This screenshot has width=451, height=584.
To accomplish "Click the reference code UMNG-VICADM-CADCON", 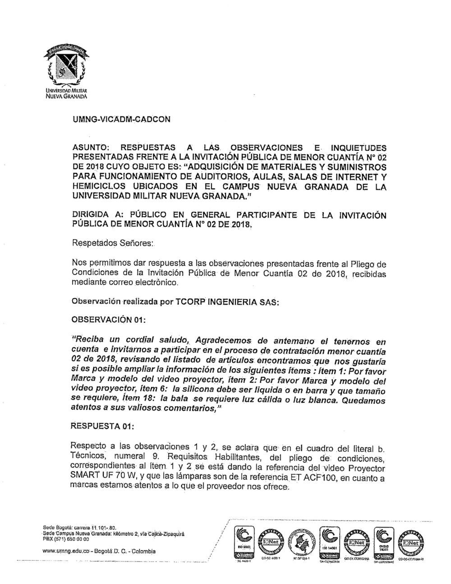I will pyautogui.click(x=121, y=120).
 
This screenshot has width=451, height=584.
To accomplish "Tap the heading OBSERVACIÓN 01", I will pyautogui.click(x=108, y=320).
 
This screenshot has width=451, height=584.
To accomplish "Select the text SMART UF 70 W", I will pyautogui.click(x=101, y=478).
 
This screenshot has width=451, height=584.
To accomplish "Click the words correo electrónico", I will pyautogui.click(x=143, y=283).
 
